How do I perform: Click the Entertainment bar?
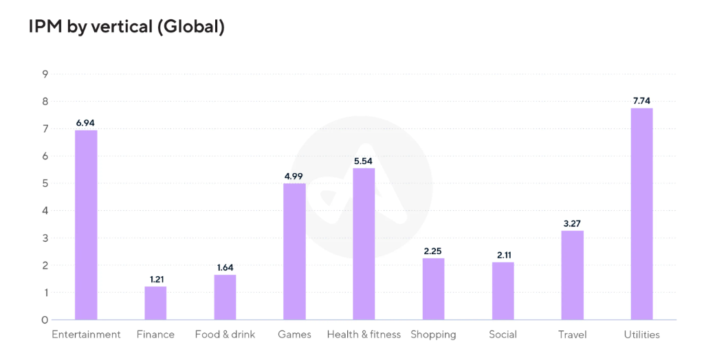click(x=86, y=225)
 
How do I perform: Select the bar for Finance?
click(x=155, y=303)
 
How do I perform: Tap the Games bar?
click(x=294, y=251)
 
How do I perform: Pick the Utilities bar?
click(x=641, y=214)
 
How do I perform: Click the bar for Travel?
click(x=572, y=275)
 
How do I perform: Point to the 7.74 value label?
click(x=641, y=101)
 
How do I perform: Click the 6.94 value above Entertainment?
click(x=85, y=122)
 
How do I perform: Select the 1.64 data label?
click(x=225, y=267)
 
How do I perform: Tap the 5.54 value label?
click(x=364, y=161)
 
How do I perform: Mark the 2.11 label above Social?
click(x=503, y=255)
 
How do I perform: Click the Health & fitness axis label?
click(x=364, y=335)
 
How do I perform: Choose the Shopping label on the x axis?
click(x=433, y=335)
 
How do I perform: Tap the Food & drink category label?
click(x=225, y=335)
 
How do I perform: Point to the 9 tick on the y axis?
click(x=45, y=74)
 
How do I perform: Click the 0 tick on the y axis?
click(x=45, y=320)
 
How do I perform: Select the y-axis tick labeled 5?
click(x=45, y=183)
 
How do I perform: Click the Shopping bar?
click(x=433, y=289)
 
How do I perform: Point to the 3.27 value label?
click(x=572, y=223)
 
